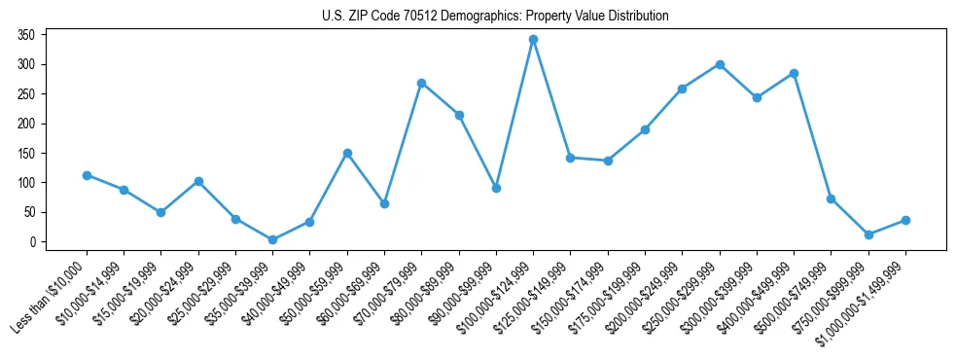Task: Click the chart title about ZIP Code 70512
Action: click(495, 17)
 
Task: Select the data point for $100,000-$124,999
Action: click(533, 40)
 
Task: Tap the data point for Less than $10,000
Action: click(87, 175)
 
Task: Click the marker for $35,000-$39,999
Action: click(272, 239)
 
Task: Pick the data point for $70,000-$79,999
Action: click(421, 83)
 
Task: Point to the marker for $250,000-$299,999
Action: click(720, 64)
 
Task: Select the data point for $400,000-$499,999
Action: click(794, 73)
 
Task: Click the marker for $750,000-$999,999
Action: click(868, 234)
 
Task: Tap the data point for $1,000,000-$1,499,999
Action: click(905, 220)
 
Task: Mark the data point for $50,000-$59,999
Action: click(347, 153)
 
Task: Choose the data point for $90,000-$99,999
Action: click(496, 188)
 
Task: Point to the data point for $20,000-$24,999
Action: click(198, 181)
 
